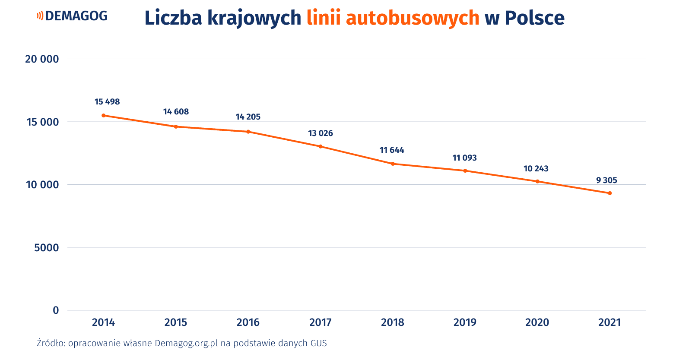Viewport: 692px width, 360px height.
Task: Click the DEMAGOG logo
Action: [x=72, y=16]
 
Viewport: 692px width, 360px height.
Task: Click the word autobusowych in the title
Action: [x=413, y=18]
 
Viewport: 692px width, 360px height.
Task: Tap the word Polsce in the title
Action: [x=534, y=18]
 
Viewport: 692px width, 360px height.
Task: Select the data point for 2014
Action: [x=104, y=115]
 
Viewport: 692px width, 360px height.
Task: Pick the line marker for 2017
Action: [x=321, y=146]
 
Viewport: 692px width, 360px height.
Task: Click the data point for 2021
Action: [x=610, y=193]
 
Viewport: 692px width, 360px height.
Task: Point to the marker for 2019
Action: [x=465, y=171]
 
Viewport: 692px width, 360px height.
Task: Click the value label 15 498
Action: [x=107, y=102]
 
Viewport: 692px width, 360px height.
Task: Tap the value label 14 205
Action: [x=248, y=117]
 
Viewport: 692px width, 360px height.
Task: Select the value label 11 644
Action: [x=392, y=150]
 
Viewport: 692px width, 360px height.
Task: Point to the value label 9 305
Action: [x=606, y=180]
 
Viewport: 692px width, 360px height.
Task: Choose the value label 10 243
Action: [x=536, y=169]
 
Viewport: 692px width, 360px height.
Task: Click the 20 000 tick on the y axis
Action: [x=42, y=59]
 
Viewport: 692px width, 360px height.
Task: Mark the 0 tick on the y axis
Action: [x=56, y=310]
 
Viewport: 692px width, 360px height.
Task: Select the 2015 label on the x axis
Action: [x=176, y=322]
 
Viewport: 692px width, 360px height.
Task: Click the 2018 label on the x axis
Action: [x=393, y=322]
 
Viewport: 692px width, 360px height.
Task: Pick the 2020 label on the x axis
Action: [x=537, y=322]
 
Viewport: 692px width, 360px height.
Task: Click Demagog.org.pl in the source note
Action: [x=186, y=344]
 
